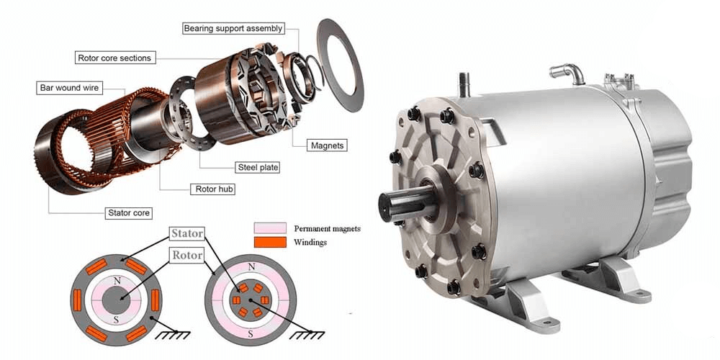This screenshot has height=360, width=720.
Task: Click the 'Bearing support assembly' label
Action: pos(233,29)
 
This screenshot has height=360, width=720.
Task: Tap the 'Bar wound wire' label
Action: pos(69,88)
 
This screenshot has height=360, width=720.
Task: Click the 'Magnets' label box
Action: pos(327,145)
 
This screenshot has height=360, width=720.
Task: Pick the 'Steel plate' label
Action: pos(257,167)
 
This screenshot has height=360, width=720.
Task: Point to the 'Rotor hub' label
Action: pos(215,189)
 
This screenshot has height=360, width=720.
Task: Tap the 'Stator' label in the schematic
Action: pos(186,233)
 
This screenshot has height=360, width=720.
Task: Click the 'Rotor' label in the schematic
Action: pos(186,255)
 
